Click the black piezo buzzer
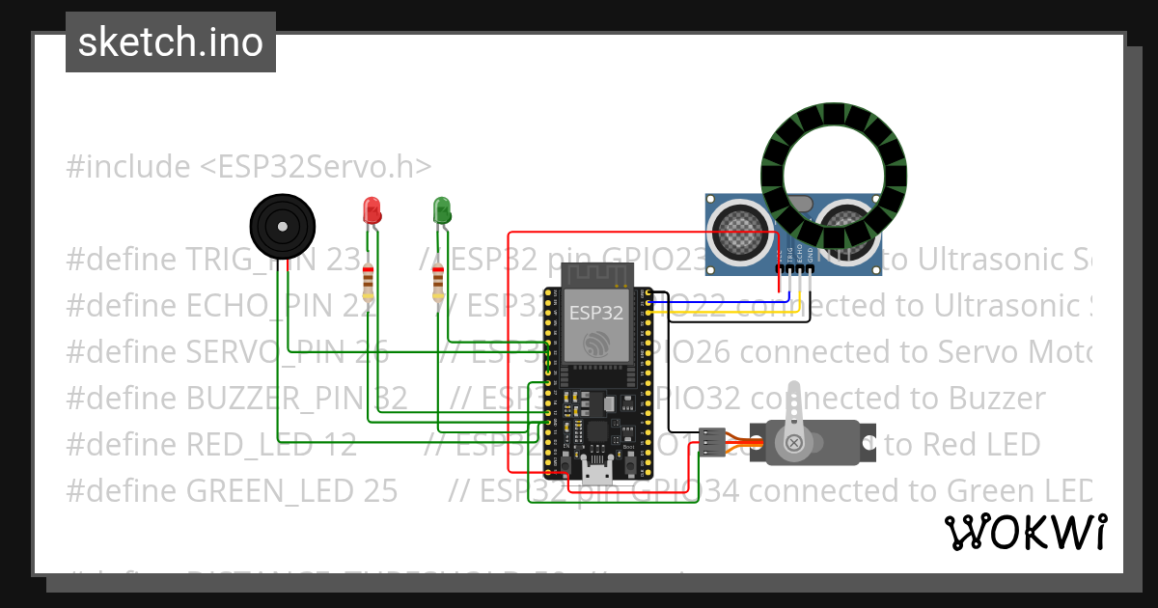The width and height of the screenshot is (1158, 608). click(x=282, y=226)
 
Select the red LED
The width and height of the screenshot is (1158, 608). click(x=372, y=210)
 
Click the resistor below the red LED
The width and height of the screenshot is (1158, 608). click(x=368, y=283)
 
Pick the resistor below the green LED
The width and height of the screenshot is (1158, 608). click(x=438, y=283)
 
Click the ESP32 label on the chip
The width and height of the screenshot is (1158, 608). click(x=595, y=312)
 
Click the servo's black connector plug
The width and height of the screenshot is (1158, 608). click(x=711, y=442)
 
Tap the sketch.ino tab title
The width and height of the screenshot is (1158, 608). click(x=171, y=42)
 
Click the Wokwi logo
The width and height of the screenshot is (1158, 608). click(x=1026, y=532)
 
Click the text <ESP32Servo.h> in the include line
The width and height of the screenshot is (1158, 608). click(x=316, y=166)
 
